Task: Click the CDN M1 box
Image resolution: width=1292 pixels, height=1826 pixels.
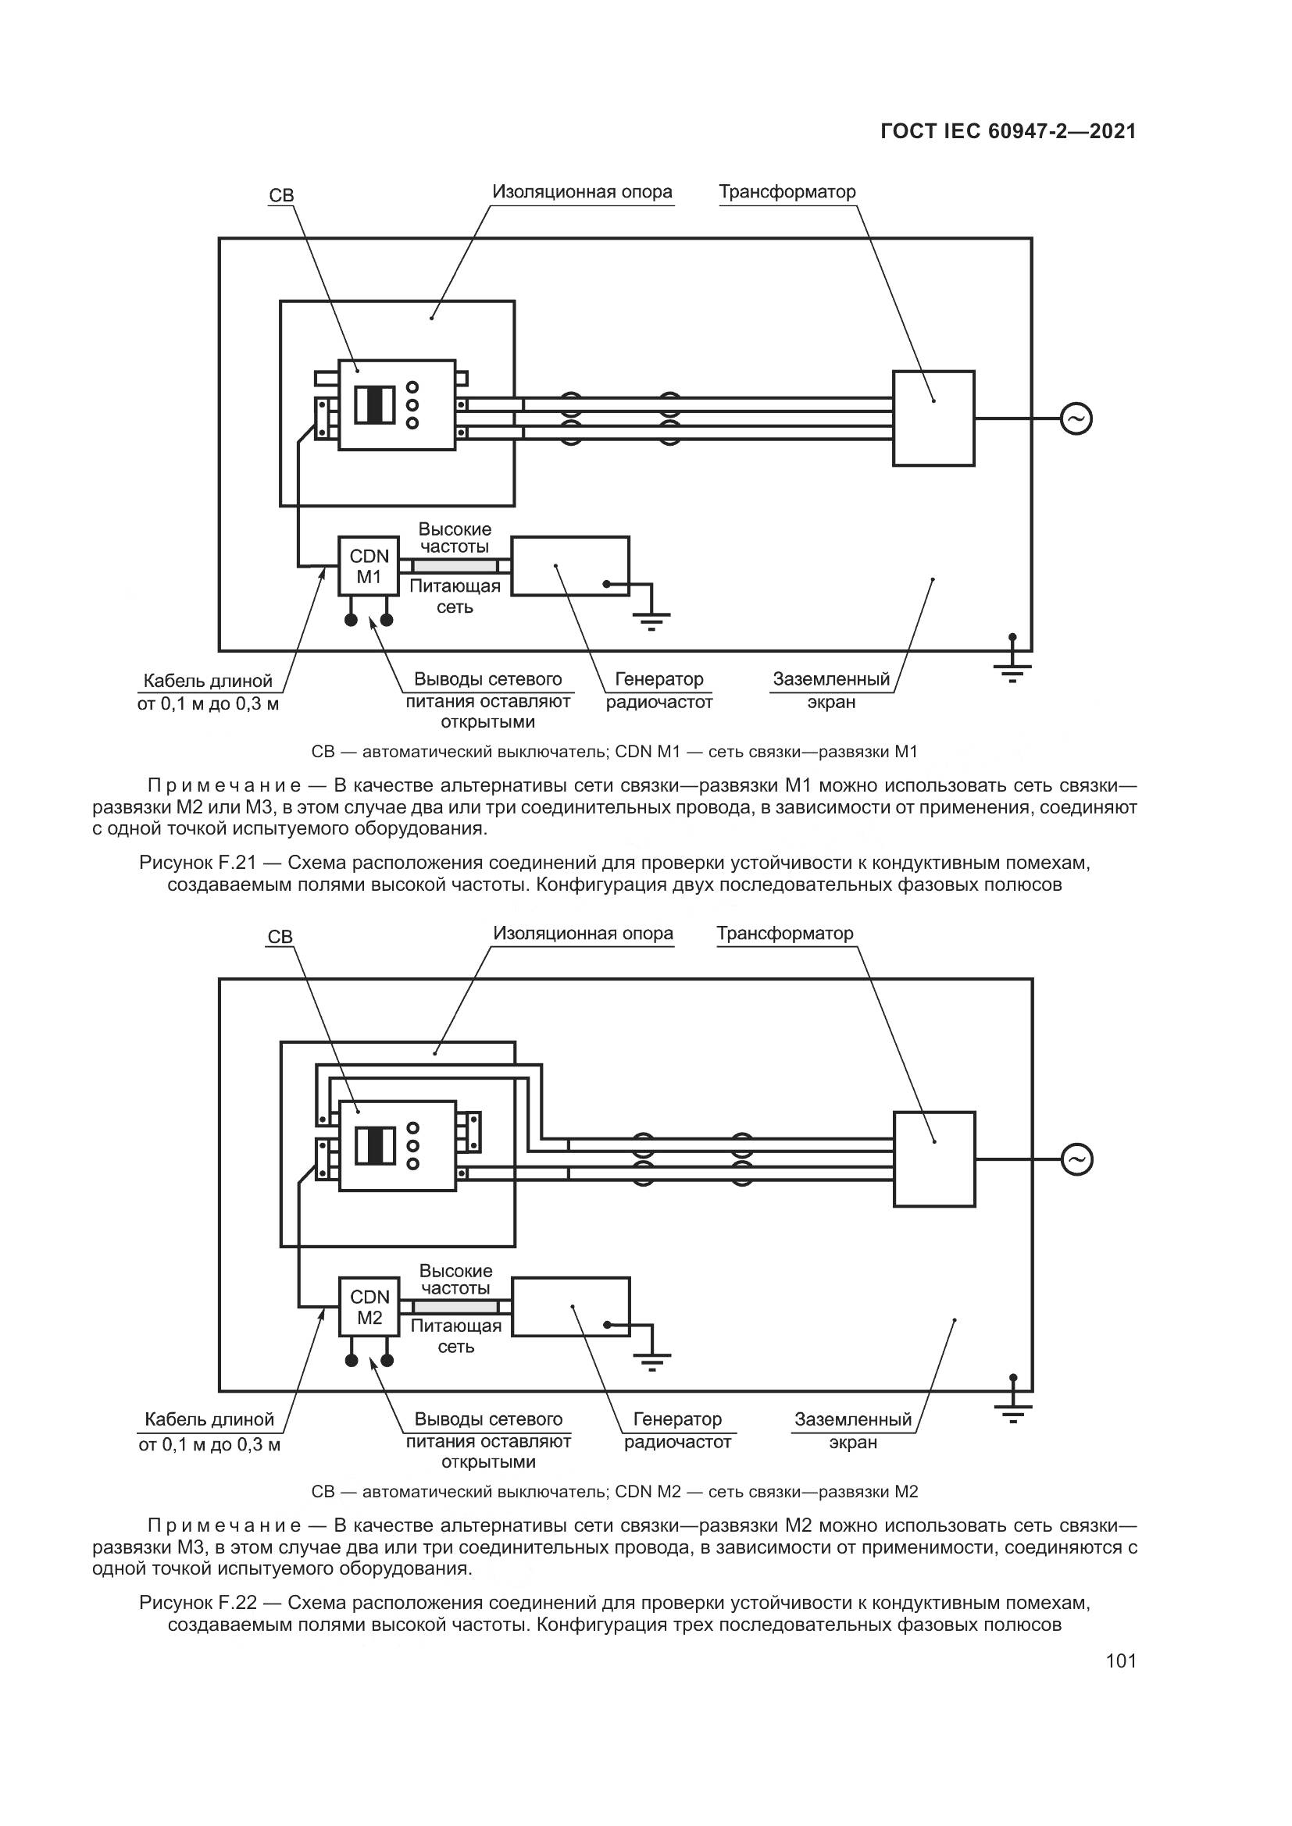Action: coord(369,565)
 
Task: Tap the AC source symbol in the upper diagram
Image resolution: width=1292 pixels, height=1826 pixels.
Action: coord(1076,418)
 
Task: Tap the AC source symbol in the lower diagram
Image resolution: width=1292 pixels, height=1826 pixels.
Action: coord(1076,1159)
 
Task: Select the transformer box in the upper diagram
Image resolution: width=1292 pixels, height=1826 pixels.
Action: coord(933,418)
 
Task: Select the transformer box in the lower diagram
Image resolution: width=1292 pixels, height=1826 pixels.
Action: coord(934,1159)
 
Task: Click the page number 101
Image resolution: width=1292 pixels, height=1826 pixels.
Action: coord(1120,1660)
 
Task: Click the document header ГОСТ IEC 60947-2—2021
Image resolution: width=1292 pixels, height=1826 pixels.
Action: coord(1008,131)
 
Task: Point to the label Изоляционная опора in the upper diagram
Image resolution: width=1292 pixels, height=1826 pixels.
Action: coord(582,192)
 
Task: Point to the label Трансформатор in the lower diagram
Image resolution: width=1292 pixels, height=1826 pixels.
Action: coord(784,933)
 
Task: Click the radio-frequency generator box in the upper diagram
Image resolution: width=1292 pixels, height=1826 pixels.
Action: coord(569,565)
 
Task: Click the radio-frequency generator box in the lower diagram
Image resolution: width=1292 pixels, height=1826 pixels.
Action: coord(570,1307)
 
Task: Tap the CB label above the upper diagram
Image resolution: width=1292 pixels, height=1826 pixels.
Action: coord(282,196)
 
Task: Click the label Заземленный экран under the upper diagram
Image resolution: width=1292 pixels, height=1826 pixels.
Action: coord(830,690)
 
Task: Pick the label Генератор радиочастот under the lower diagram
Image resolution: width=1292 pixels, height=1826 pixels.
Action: coord(677,1430)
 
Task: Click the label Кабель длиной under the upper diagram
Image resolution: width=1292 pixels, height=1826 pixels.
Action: coord(208,681)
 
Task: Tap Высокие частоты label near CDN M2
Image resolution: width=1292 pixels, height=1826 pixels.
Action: coord(455,1279)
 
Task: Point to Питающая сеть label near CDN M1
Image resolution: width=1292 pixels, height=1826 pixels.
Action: coord(455,596)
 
